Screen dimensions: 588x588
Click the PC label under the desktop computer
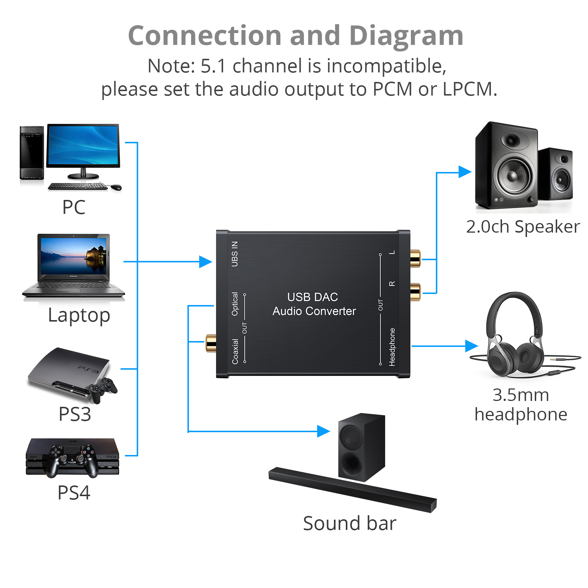click(74, 207)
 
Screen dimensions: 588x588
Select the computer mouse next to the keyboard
click(116, 187)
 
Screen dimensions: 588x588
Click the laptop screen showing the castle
click(74, 255)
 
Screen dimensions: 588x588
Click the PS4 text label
click(74, 492)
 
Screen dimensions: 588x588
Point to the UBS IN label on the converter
click(234, 254)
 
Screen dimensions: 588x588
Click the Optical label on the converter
click(234, 304)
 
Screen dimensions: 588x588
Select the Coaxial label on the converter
click(235, 352)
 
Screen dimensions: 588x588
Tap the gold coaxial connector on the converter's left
click(211, 343)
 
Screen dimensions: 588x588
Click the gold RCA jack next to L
click(415, 259)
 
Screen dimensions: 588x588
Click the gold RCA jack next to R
click(415, 292)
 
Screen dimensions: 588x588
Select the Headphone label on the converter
click(392, 347)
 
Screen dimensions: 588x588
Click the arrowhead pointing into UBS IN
click(205, 262)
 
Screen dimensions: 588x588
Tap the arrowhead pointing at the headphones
click(471, 346)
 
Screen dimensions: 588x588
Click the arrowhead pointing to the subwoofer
click(323, 431)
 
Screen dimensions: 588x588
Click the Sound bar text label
click(349, 523)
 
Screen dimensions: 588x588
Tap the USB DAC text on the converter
click(312, 297)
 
